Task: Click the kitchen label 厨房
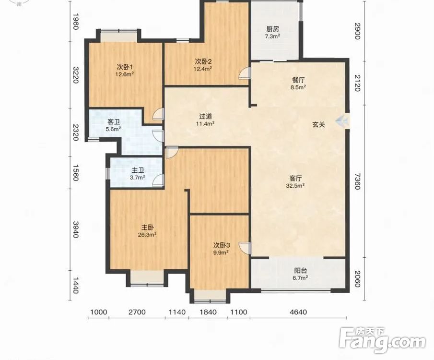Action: coord(273,29)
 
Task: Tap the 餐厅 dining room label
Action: coord(298,80)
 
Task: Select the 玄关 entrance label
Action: coord(318,125)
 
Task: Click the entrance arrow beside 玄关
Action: coord(341,120)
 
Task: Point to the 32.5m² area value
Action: coord(295,185)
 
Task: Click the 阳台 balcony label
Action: coord(300,271)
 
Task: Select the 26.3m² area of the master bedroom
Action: coord(148,235)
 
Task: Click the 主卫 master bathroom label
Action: coord(138,171)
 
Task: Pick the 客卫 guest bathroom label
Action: coord(114,122)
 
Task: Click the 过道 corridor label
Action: coord(205,116)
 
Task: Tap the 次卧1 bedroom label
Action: coord(125,67)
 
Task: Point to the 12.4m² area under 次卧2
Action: coord(203,68)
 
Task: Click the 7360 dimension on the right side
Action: coord(358,181)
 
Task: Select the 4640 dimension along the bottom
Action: coord(298,312)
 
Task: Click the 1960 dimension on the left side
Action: coord(76,21)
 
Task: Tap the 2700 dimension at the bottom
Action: coord(137,312)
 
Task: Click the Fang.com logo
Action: coord(382,341)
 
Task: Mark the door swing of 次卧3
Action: coord(245,248)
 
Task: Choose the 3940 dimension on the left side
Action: coord(76,229)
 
